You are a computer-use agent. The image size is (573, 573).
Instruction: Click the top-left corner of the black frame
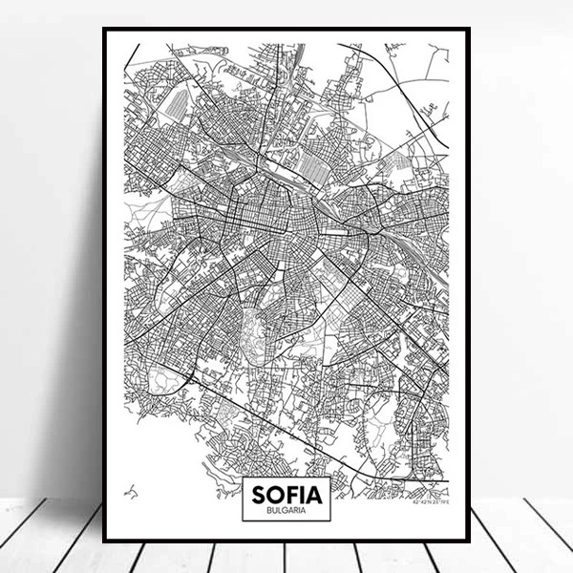tap(104, 30)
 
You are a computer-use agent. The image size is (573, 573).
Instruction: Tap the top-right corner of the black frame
tap(469, 30)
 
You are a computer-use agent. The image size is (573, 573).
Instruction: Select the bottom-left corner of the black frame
tap(104, 540)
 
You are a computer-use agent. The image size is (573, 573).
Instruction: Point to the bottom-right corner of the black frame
tap(469, 540)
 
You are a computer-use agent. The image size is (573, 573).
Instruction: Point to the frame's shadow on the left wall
tap(81, 286)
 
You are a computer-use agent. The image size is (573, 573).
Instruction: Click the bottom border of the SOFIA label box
tap(286, 520)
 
